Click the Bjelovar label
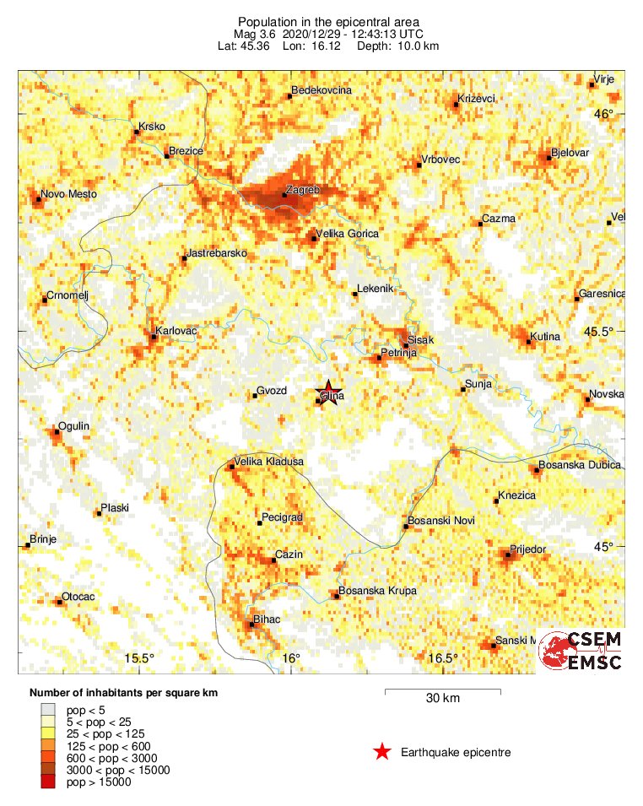click(x=570, y=153)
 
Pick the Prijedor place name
click(x=529, y=549)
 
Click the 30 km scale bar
click(x=443, y=692)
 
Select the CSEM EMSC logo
click(x=581, y=651)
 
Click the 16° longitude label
click(x=290, y=658)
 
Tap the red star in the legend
click(x=382, y=752)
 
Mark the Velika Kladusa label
click(x=270, y=462)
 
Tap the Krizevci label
click(x=476, y=99)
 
